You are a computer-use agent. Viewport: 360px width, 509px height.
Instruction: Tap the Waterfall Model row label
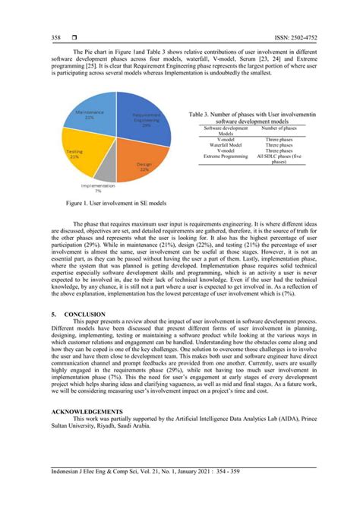coord(226,145)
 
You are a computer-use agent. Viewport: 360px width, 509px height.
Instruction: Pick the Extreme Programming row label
coord(226,156)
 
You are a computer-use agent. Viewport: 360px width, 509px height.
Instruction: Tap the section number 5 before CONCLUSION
coord(52,312)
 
